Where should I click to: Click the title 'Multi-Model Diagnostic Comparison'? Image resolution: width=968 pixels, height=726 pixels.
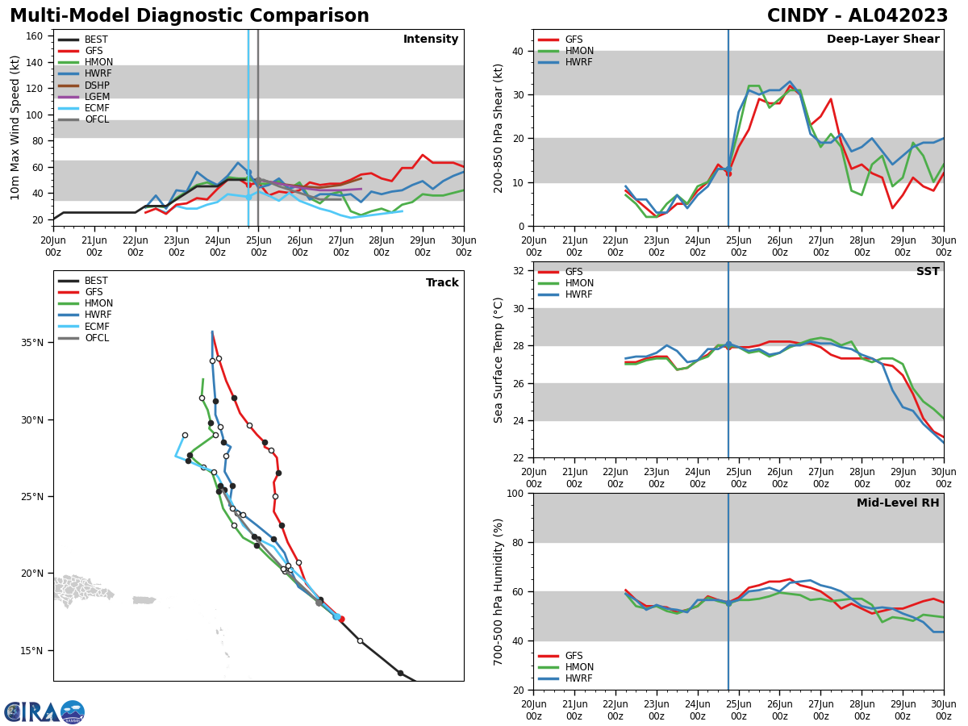189,16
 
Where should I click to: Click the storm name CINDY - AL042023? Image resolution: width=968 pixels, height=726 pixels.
857,16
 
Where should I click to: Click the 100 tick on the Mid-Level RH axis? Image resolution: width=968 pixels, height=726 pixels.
513,493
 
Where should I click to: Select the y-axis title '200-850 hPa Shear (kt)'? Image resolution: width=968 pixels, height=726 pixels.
499,127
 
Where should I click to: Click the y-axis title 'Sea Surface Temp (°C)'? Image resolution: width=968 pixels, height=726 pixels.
499,360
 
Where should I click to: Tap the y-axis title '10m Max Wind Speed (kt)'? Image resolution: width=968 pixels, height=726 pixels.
15,127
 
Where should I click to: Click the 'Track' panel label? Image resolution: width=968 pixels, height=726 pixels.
442,283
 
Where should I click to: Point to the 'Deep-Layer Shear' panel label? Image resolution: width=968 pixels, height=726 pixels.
882,40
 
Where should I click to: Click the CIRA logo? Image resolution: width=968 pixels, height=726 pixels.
44,712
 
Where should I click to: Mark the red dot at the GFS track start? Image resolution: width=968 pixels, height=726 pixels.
341,620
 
